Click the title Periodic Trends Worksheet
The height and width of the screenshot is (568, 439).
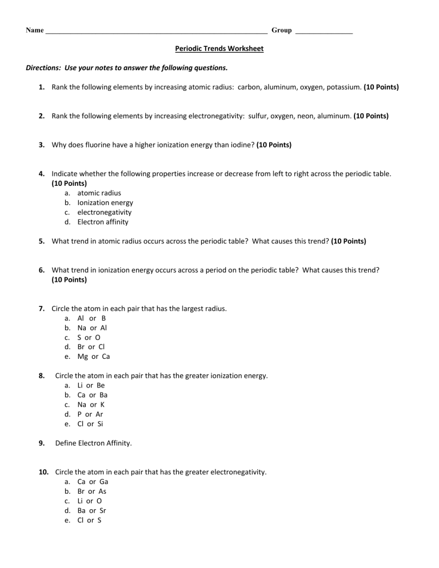tap(219, 49)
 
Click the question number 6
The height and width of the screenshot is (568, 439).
tap(42, 270)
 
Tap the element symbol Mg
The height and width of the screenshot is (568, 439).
tap(83, 357)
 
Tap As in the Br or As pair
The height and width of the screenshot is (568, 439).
tap(102, 491)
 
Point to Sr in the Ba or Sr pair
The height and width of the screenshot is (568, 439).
tap(103, 510)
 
